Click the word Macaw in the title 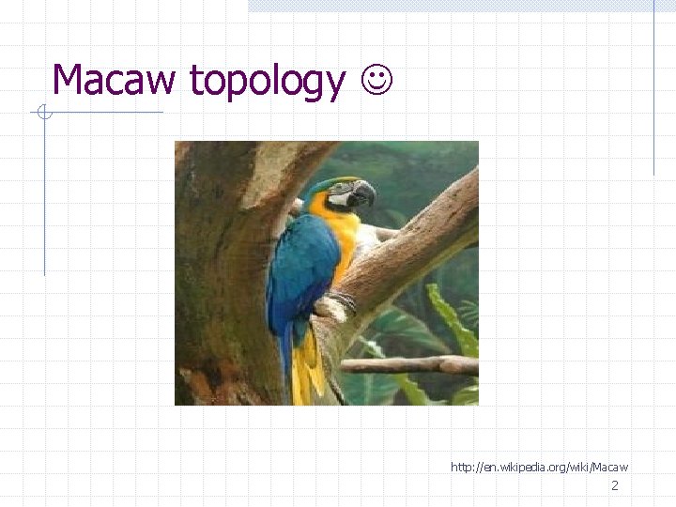pos(114,80)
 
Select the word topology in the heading pos(267,82)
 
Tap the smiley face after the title pos(376,81)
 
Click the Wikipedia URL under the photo pos(539,467)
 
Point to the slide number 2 pos(615,485)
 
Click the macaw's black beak pos(364,194)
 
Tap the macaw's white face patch pos(343,196)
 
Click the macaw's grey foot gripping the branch pos(341,302)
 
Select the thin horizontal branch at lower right pos(413,364)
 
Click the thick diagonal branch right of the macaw pos(422,235)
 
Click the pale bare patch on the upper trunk pos(272,174)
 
